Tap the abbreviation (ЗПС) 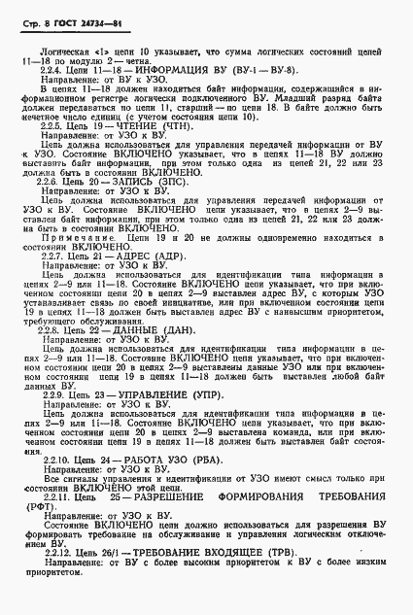[x=174, y=182]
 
